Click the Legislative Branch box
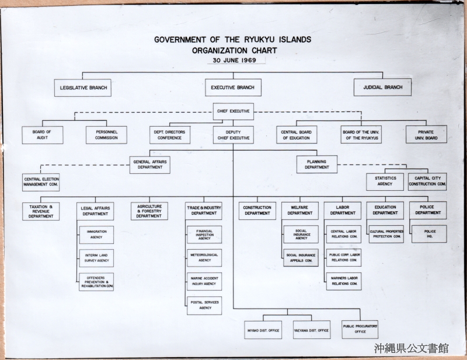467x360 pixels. tap(83, 88)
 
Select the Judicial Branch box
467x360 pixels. tap(382, 88)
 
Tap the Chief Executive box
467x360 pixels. tap(233, 111)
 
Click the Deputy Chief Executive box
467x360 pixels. tap(233, 135)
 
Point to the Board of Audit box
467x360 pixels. tap(42, 135)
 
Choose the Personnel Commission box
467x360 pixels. tap(106, 135)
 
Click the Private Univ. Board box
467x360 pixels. tap(426, 134)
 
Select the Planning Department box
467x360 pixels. tap(317, 165)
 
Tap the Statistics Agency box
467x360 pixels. tap(385, 181)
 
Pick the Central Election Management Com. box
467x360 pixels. tap(41, 182)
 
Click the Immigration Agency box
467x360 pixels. tap(96, 235)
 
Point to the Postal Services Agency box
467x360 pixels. tap(204, 306)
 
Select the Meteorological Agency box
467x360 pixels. tap(204, 258)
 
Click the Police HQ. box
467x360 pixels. tap(429, 234)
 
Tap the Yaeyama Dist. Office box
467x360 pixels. tap(312, 330)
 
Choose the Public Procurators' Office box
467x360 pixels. tap(360, 329)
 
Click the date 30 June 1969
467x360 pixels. tap(235, 60)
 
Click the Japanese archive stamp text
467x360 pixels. tap(412, 348)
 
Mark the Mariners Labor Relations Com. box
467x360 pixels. tap(344, 281)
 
